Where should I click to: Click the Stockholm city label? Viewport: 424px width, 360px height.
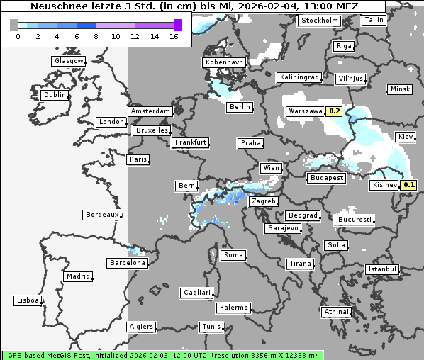(x=319, y=21)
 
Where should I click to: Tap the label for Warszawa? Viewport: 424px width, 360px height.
(x=305, y=111)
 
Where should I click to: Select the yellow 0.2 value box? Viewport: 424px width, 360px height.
(x=335, y=111)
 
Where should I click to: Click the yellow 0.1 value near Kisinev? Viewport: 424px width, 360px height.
(x=408, y=185)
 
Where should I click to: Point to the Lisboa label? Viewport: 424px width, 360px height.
(x=27, y=300)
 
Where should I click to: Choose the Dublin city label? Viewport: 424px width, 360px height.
(x=54, y=95)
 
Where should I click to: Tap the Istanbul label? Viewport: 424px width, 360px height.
(x=381, y=270)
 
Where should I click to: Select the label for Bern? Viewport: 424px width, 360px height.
(x=186, y=186)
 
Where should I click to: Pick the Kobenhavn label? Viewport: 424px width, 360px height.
(x=223, y=62)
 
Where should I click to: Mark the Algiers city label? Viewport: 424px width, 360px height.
(x=140, y=327)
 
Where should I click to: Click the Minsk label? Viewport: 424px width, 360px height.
(x=399, y=89)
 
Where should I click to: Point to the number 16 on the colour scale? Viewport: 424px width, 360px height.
(x=174, y=36)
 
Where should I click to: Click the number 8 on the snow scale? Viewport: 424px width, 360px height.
(x=96, y=36)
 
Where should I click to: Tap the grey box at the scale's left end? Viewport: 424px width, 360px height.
(x=14, y=25)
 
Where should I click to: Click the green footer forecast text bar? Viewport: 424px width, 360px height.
(x=162, y=354)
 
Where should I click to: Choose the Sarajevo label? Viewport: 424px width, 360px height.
(x=282, y=229)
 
